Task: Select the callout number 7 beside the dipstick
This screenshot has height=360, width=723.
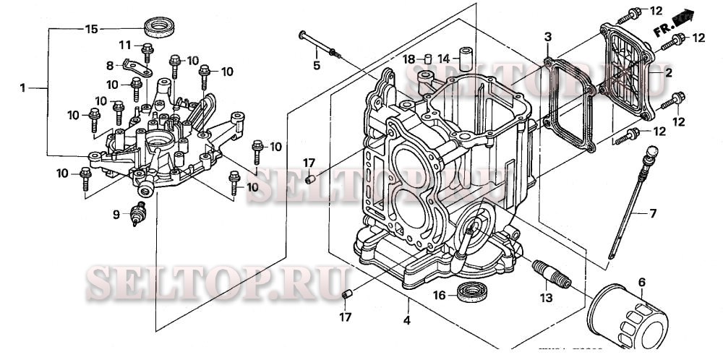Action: (652, 213)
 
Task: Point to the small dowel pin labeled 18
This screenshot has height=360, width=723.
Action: (427, 59)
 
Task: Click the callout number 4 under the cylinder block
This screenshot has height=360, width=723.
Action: (407, 320)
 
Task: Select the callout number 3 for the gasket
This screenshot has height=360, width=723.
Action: (547, 36)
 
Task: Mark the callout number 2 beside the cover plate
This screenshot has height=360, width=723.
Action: (668, 73)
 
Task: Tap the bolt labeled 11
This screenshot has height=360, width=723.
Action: (147, 51)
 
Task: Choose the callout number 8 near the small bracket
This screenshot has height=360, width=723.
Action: (111, 65)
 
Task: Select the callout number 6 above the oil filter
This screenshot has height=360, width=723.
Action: (641, 281)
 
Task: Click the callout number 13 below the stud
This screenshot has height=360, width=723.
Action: (547, 298)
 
